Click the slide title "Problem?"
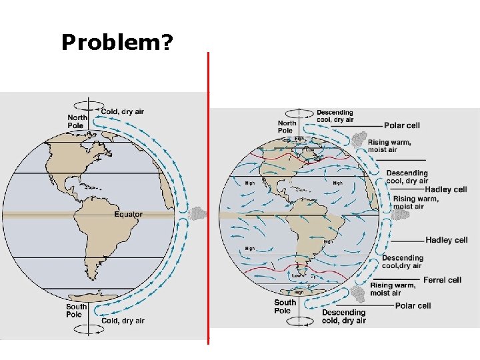[x=117, y=43]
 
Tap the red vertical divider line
[x=208, y=200]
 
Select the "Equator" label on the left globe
[x=128, y=215]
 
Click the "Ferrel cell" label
[x=442, y=280]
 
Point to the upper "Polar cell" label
[x=402, y=125]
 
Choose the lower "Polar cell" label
[x=413, y=306]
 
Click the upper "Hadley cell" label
[x=447, y=189]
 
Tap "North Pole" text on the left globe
[x=76, y=121]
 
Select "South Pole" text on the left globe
[x=75, y=311]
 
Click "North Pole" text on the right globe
[x=287, y=127]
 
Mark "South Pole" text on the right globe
[x=285, y=306]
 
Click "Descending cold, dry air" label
[x=344, y=316]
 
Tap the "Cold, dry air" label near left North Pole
[x=123, y=111]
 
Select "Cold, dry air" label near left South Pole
[x=123, y=321]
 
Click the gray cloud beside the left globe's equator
[x=198, y=214]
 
